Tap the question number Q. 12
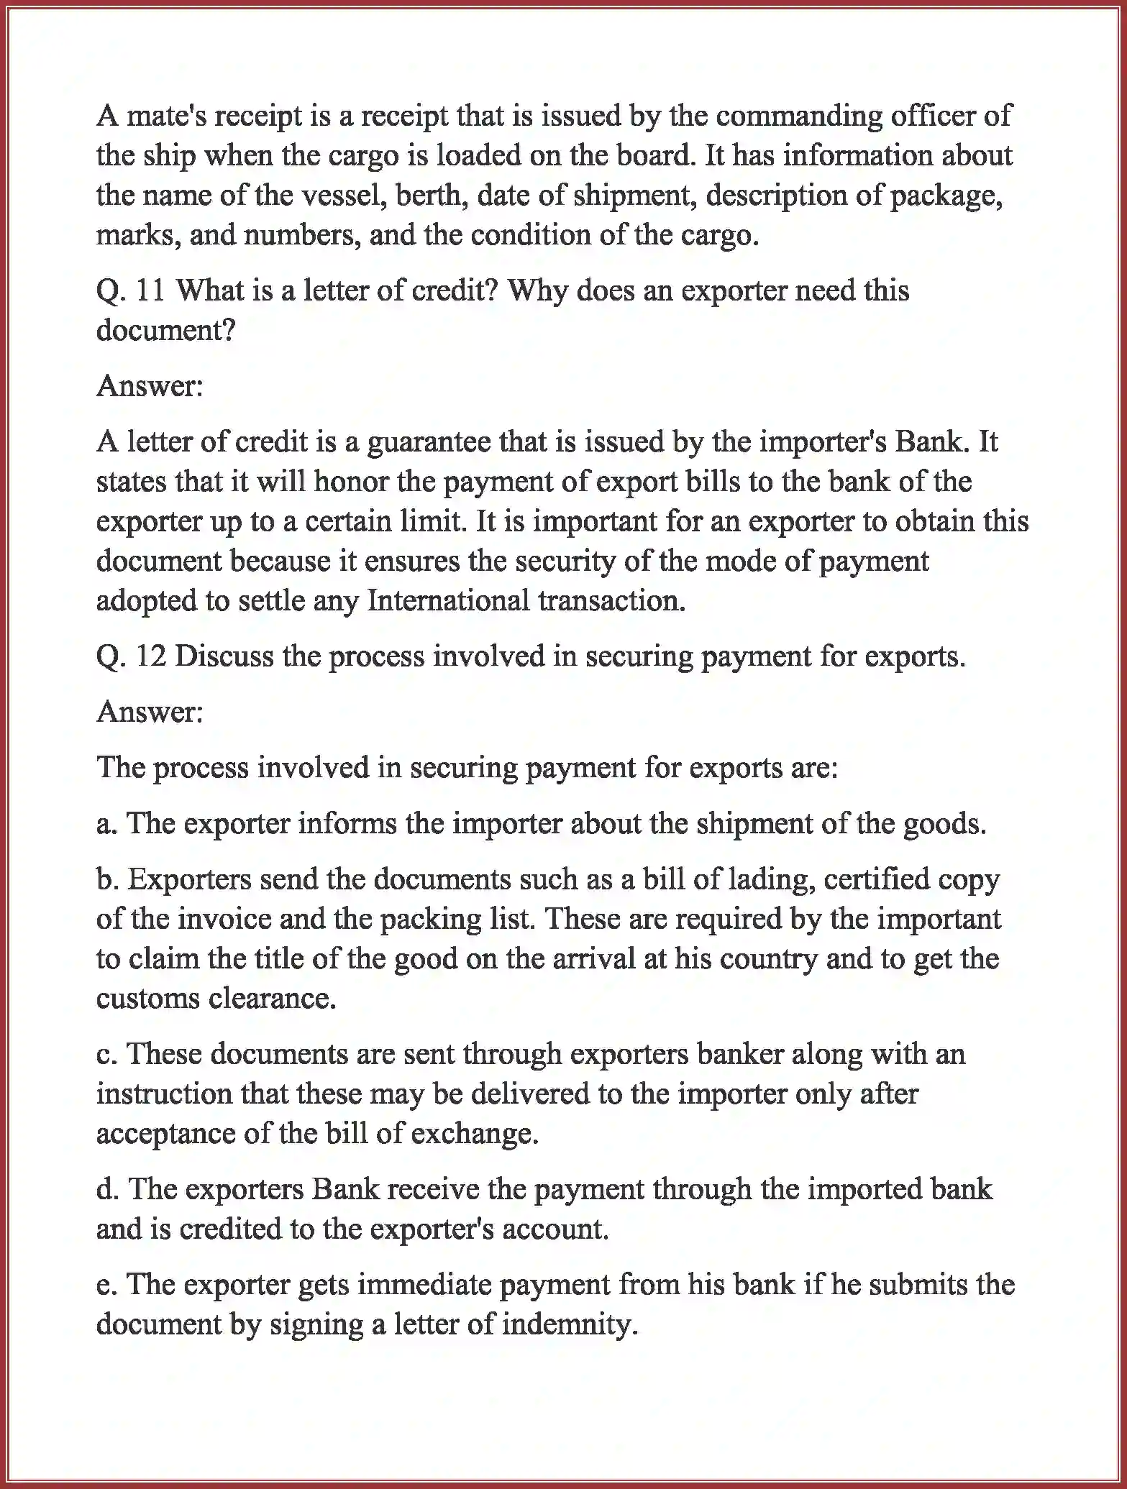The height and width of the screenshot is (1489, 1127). pyautogui.click(x=131, y=657)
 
